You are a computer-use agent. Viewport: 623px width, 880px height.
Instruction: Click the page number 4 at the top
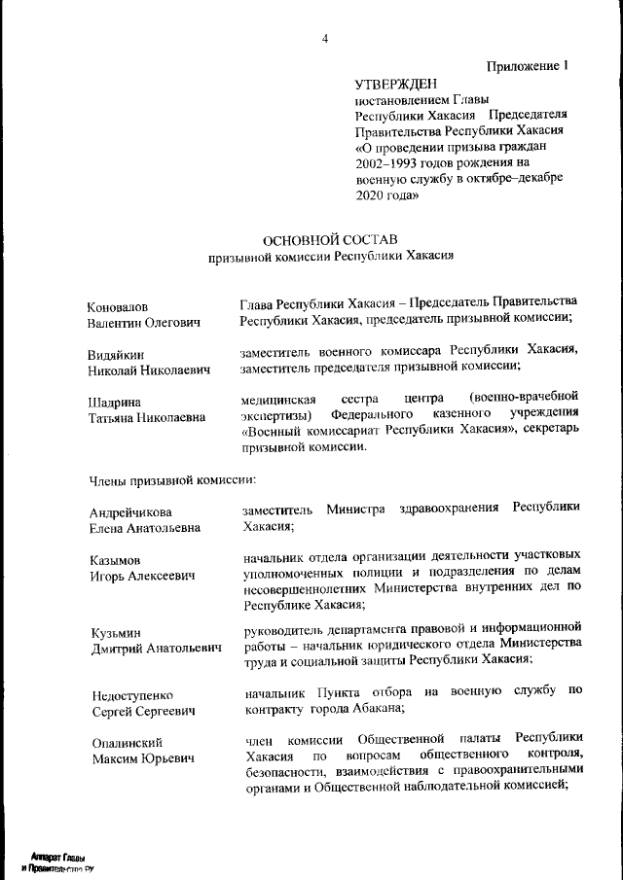click(325, 39)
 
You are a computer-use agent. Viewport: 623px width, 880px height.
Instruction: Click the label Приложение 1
click(527, 67)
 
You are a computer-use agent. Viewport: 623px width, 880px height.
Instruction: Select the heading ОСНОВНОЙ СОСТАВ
click(331, 239)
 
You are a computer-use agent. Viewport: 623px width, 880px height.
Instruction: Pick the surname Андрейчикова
click(130, 512)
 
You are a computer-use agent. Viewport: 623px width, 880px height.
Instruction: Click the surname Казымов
click(115, 561)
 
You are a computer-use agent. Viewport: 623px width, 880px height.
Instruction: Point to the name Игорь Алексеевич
click(141, 577)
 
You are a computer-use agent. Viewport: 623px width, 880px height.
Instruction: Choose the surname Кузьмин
click(114, 633)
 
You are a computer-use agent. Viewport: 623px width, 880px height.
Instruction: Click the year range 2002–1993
click(390, 163)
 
